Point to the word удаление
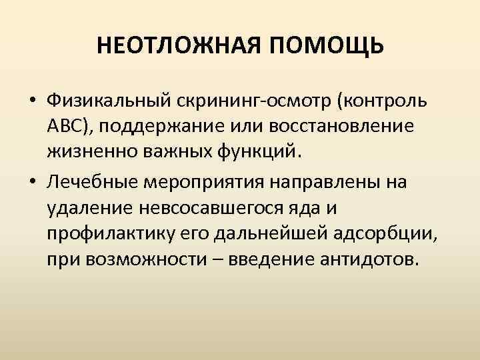click(89, 207)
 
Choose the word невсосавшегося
click(215, 207)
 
